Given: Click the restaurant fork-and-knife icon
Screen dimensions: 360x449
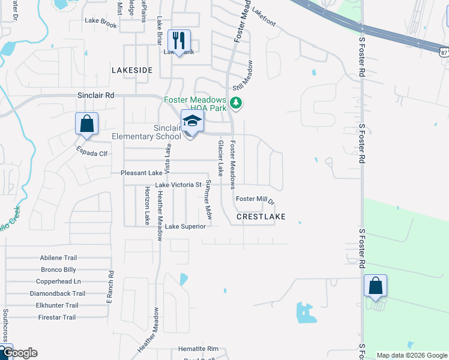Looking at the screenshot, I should [179, 41].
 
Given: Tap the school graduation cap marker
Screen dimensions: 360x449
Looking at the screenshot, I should [192, 122].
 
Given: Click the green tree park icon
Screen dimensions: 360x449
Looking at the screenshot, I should [237, 103].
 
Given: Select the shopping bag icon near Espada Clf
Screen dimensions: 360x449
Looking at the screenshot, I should [86, 124].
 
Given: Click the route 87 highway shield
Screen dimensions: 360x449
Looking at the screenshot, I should [444, 52].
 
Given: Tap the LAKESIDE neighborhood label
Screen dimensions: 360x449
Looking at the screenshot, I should [132, 70].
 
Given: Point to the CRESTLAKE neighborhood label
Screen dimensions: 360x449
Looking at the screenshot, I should [261, 216].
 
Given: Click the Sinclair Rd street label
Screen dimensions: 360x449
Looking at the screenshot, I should [95, 95].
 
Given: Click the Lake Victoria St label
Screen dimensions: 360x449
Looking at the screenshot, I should [178, 185].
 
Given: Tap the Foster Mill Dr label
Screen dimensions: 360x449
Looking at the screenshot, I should [255, 199].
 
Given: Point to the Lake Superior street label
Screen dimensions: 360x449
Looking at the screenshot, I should [185, 226].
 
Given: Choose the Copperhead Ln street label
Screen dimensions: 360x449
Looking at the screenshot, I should [58, 281].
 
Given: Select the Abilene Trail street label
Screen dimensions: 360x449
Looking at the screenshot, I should [59, 257].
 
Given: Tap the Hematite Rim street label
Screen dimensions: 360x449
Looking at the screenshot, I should [199, 349].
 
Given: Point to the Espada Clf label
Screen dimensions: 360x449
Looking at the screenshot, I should [91, 153].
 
